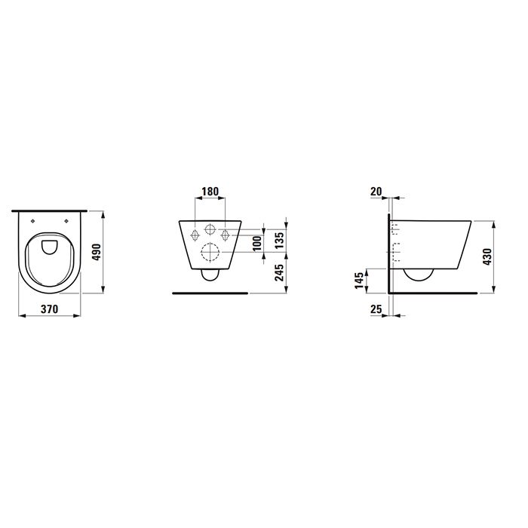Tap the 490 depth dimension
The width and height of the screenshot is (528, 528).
(97, 250)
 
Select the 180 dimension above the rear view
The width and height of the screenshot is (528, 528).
(210, 191)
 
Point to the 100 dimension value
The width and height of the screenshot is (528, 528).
(256, 243)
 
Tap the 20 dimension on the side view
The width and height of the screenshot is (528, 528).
(378, 191)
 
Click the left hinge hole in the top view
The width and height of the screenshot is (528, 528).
(35, 220)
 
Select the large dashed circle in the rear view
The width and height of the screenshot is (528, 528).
(210, 255)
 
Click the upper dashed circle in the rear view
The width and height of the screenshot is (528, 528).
(210, 229)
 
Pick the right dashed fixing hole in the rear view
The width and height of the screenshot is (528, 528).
(226, 234)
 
